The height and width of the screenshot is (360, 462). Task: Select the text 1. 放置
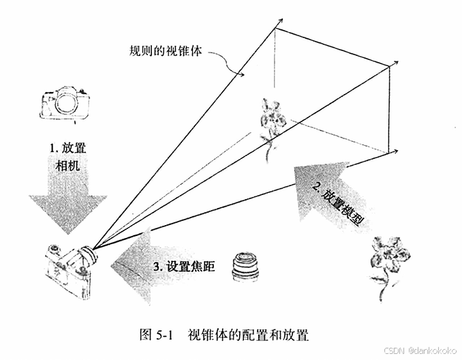tap(67, 148)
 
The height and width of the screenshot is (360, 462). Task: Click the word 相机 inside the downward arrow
tap(67, 166)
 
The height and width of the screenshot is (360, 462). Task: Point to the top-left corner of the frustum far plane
tap(276, 28)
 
